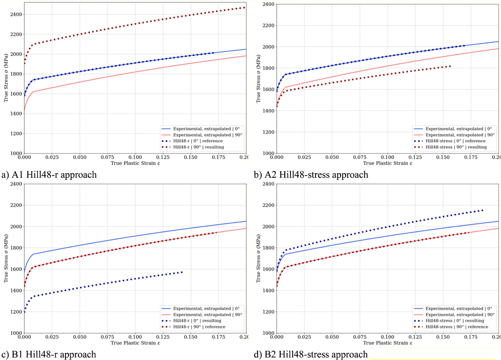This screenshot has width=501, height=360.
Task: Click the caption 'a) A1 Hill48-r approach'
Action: point(49,175)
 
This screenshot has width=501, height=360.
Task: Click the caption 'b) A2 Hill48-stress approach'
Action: point(311,175)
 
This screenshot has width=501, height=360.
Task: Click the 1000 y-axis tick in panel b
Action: point(268,154)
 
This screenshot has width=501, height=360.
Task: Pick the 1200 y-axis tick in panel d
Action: point(268,312)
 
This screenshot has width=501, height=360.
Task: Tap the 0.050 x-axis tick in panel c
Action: point(79,337)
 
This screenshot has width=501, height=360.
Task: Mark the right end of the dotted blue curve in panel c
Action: point(182,272)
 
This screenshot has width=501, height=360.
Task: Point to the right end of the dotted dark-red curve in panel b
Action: point(450,66)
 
